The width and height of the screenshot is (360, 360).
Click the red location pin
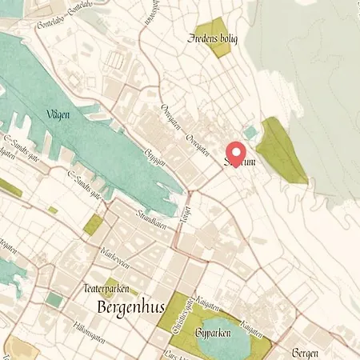(235, 152)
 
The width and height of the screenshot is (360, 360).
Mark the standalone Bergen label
(307, 352)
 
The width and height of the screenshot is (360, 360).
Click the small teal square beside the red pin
(251, 132)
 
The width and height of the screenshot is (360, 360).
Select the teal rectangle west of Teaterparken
(54, 299)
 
